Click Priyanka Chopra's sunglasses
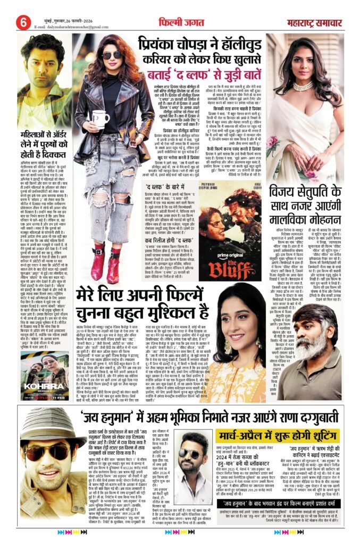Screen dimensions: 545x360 [113, 55]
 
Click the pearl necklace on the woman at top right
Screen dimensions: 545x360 [303, 85]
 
